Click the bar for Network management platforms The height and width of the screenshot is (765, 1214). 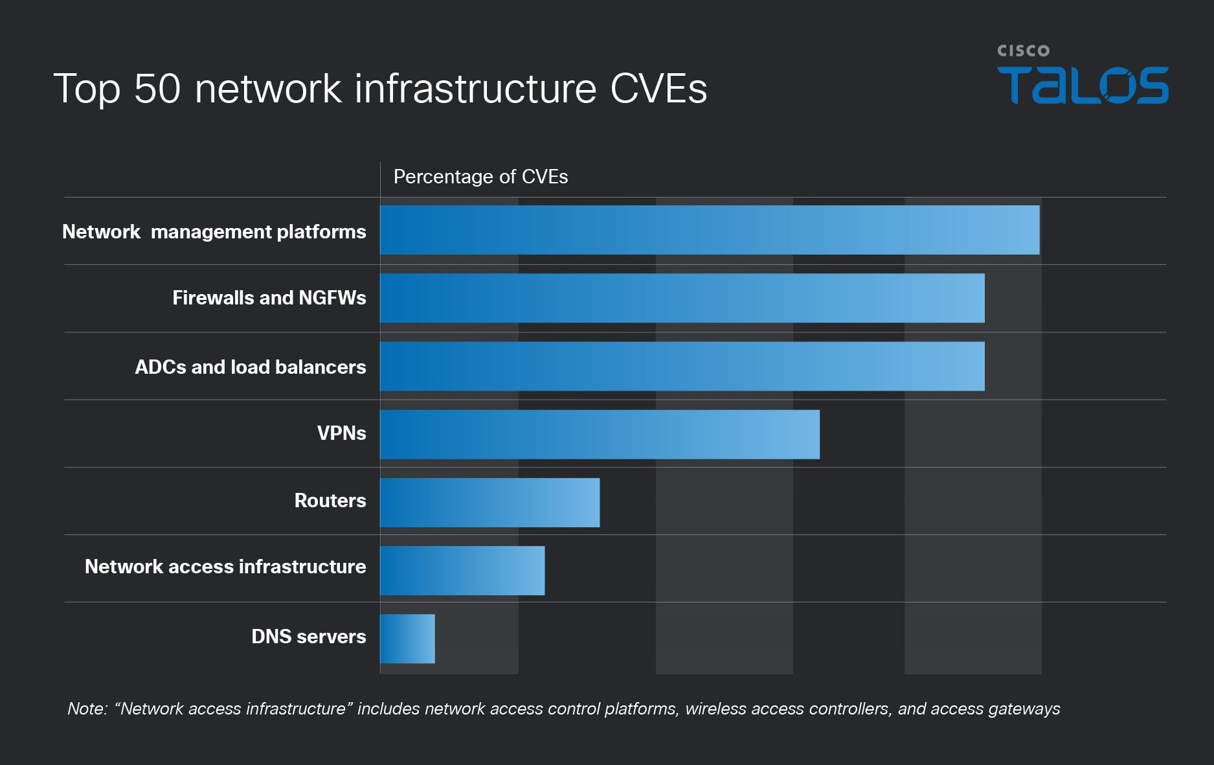point(709,230)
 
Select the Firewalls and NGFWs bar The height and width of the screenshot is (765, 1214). point(682,298)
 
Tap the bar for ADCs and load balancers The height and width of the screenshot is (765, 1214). point(682,366)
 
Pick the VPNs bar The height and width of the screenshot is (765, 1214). point(600,434)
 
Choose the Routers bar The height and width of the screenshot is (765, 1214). point(489,502)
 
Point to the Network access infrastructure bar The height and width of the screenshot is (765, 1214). point(462,570)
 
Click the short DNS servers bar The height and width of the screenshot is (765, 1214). point(407,638)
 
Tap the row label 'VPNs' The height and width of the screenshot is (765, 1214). point(341,433)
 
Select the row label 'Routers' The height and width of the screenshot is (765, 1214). point(330,500)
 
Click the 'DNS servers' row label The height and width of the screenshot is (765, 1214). point(308,636)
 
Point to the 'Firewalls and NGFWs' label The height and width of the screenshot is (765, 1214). point(269,297)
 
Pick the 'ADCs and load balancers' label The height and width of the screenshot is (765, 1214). point(250,367)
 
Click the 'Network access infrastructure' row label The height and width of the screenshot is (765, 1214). point(225,566)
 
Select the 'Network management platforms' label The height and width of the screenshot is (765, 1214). point(214,231)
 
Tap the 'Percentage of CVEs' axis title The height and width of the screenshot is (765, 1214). point(480,177)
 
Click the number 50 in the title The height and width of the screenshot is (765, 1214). point(157,88)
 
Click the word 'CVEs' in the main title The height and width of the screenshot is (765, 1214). point(658,88)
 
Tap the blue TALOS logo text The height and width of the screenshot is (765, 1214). point(1083,85)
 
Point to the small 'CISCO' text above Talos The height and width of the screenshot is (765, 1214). point(1023,51)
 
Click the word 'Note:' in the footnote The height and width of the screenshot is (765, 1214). point(87,709)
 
